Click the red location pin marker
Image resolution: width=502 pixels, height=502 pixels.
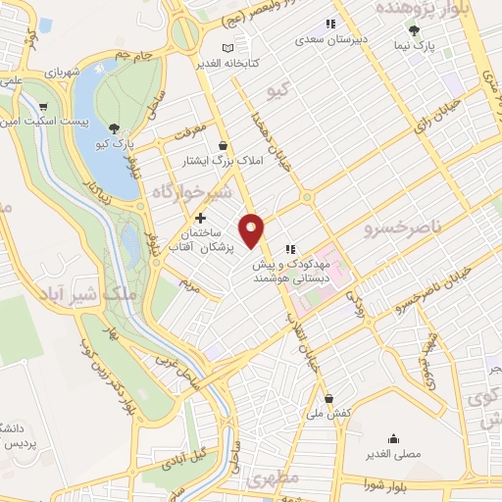pos(252,230)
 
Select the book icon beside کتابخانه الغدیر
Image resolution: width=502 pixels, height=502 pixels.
pos(227,47)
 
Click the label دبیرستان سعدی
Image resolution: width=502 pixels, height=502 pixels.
pos(332,42)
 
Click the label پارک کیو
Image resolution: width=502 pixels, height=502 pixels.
pos(116,144)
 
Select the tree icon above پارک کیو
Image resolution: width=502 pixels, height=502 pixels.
pos(115,127)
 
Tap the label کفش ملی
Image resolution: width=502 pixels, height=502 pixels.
pos(329,414)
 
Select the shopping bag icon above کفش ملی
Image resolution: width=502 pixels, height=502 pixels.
pos(328,398)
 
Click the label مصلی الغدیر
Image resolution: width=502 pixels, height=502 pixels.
pos(394,454)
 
